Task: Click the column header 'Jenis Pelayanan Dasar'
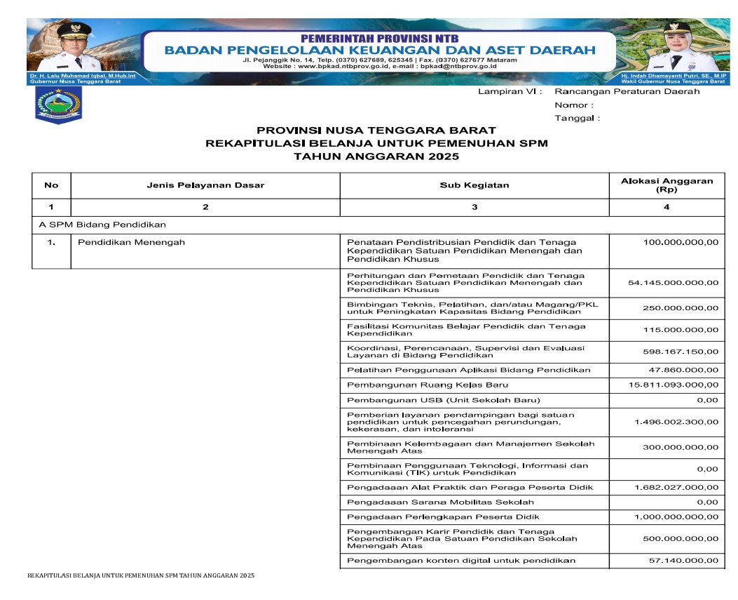[x=205, y=185]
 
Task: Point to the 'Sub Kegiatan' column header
[x=474, y=185]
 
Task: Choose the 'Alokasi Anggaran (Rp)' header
[x=667, y=185]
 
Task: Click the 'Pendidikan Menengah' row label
[x=131, y=243]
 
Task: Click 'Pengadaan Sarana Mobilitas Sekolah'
[x=440, y=502]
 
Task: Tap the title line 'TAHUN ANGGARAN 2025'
[x=376, y=156]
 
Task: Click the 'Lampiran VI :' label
[x=510, y=92]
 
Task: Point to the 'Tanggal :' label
[x=577, y=118]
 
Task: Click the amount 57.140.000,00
[x=683, y=561]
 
